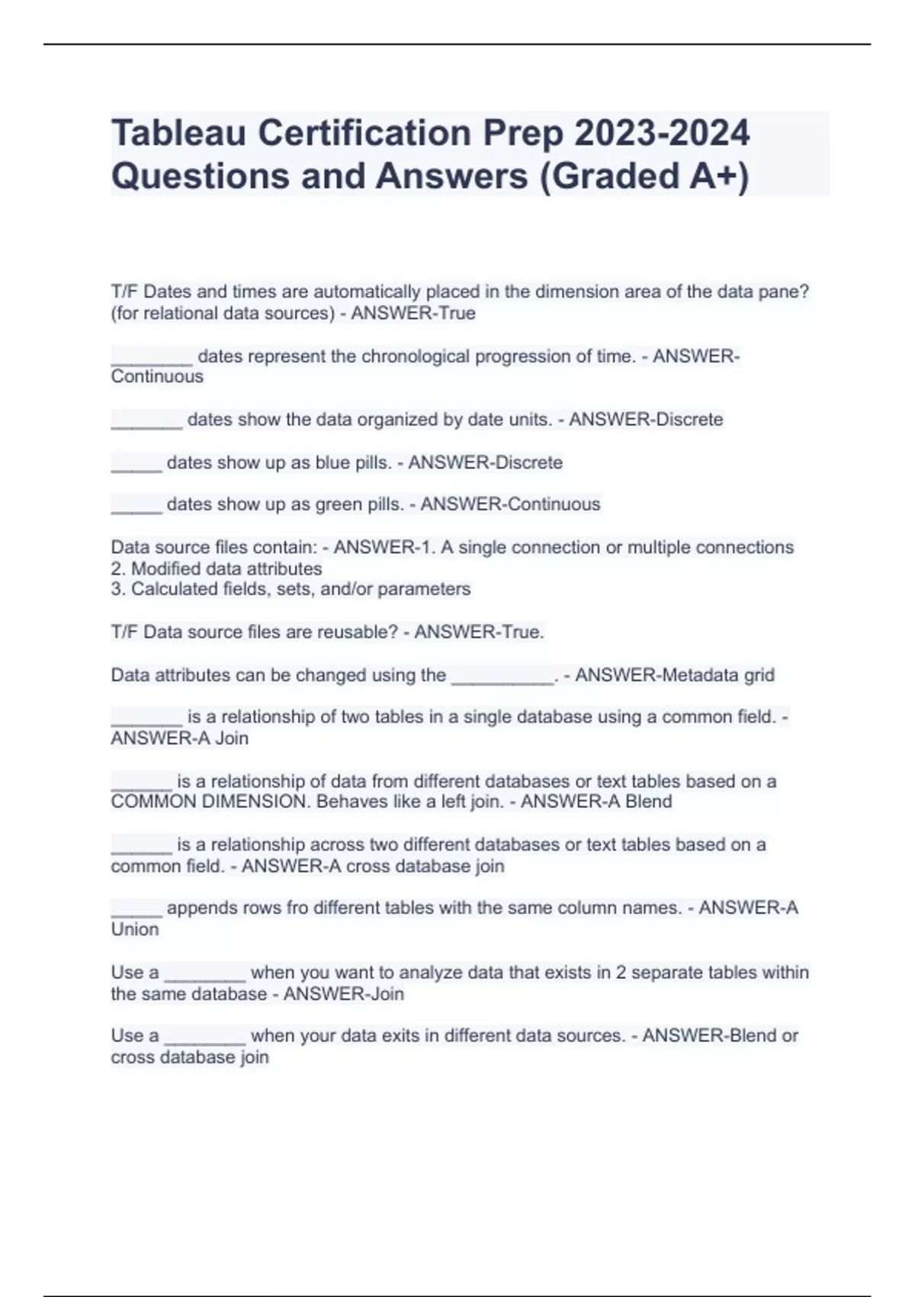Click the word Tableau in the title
(x=178, y=133)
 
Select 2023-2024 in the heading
(x=662, y=133)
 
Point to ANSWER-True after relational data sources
(x=413, y=313)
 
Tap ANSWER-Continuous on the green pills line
(x=510, y=504)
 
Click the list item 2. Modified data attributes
(x=217, y=568)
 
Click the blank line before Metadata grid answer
(x=502, y=676)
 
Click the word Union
(x=135, y=929)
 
